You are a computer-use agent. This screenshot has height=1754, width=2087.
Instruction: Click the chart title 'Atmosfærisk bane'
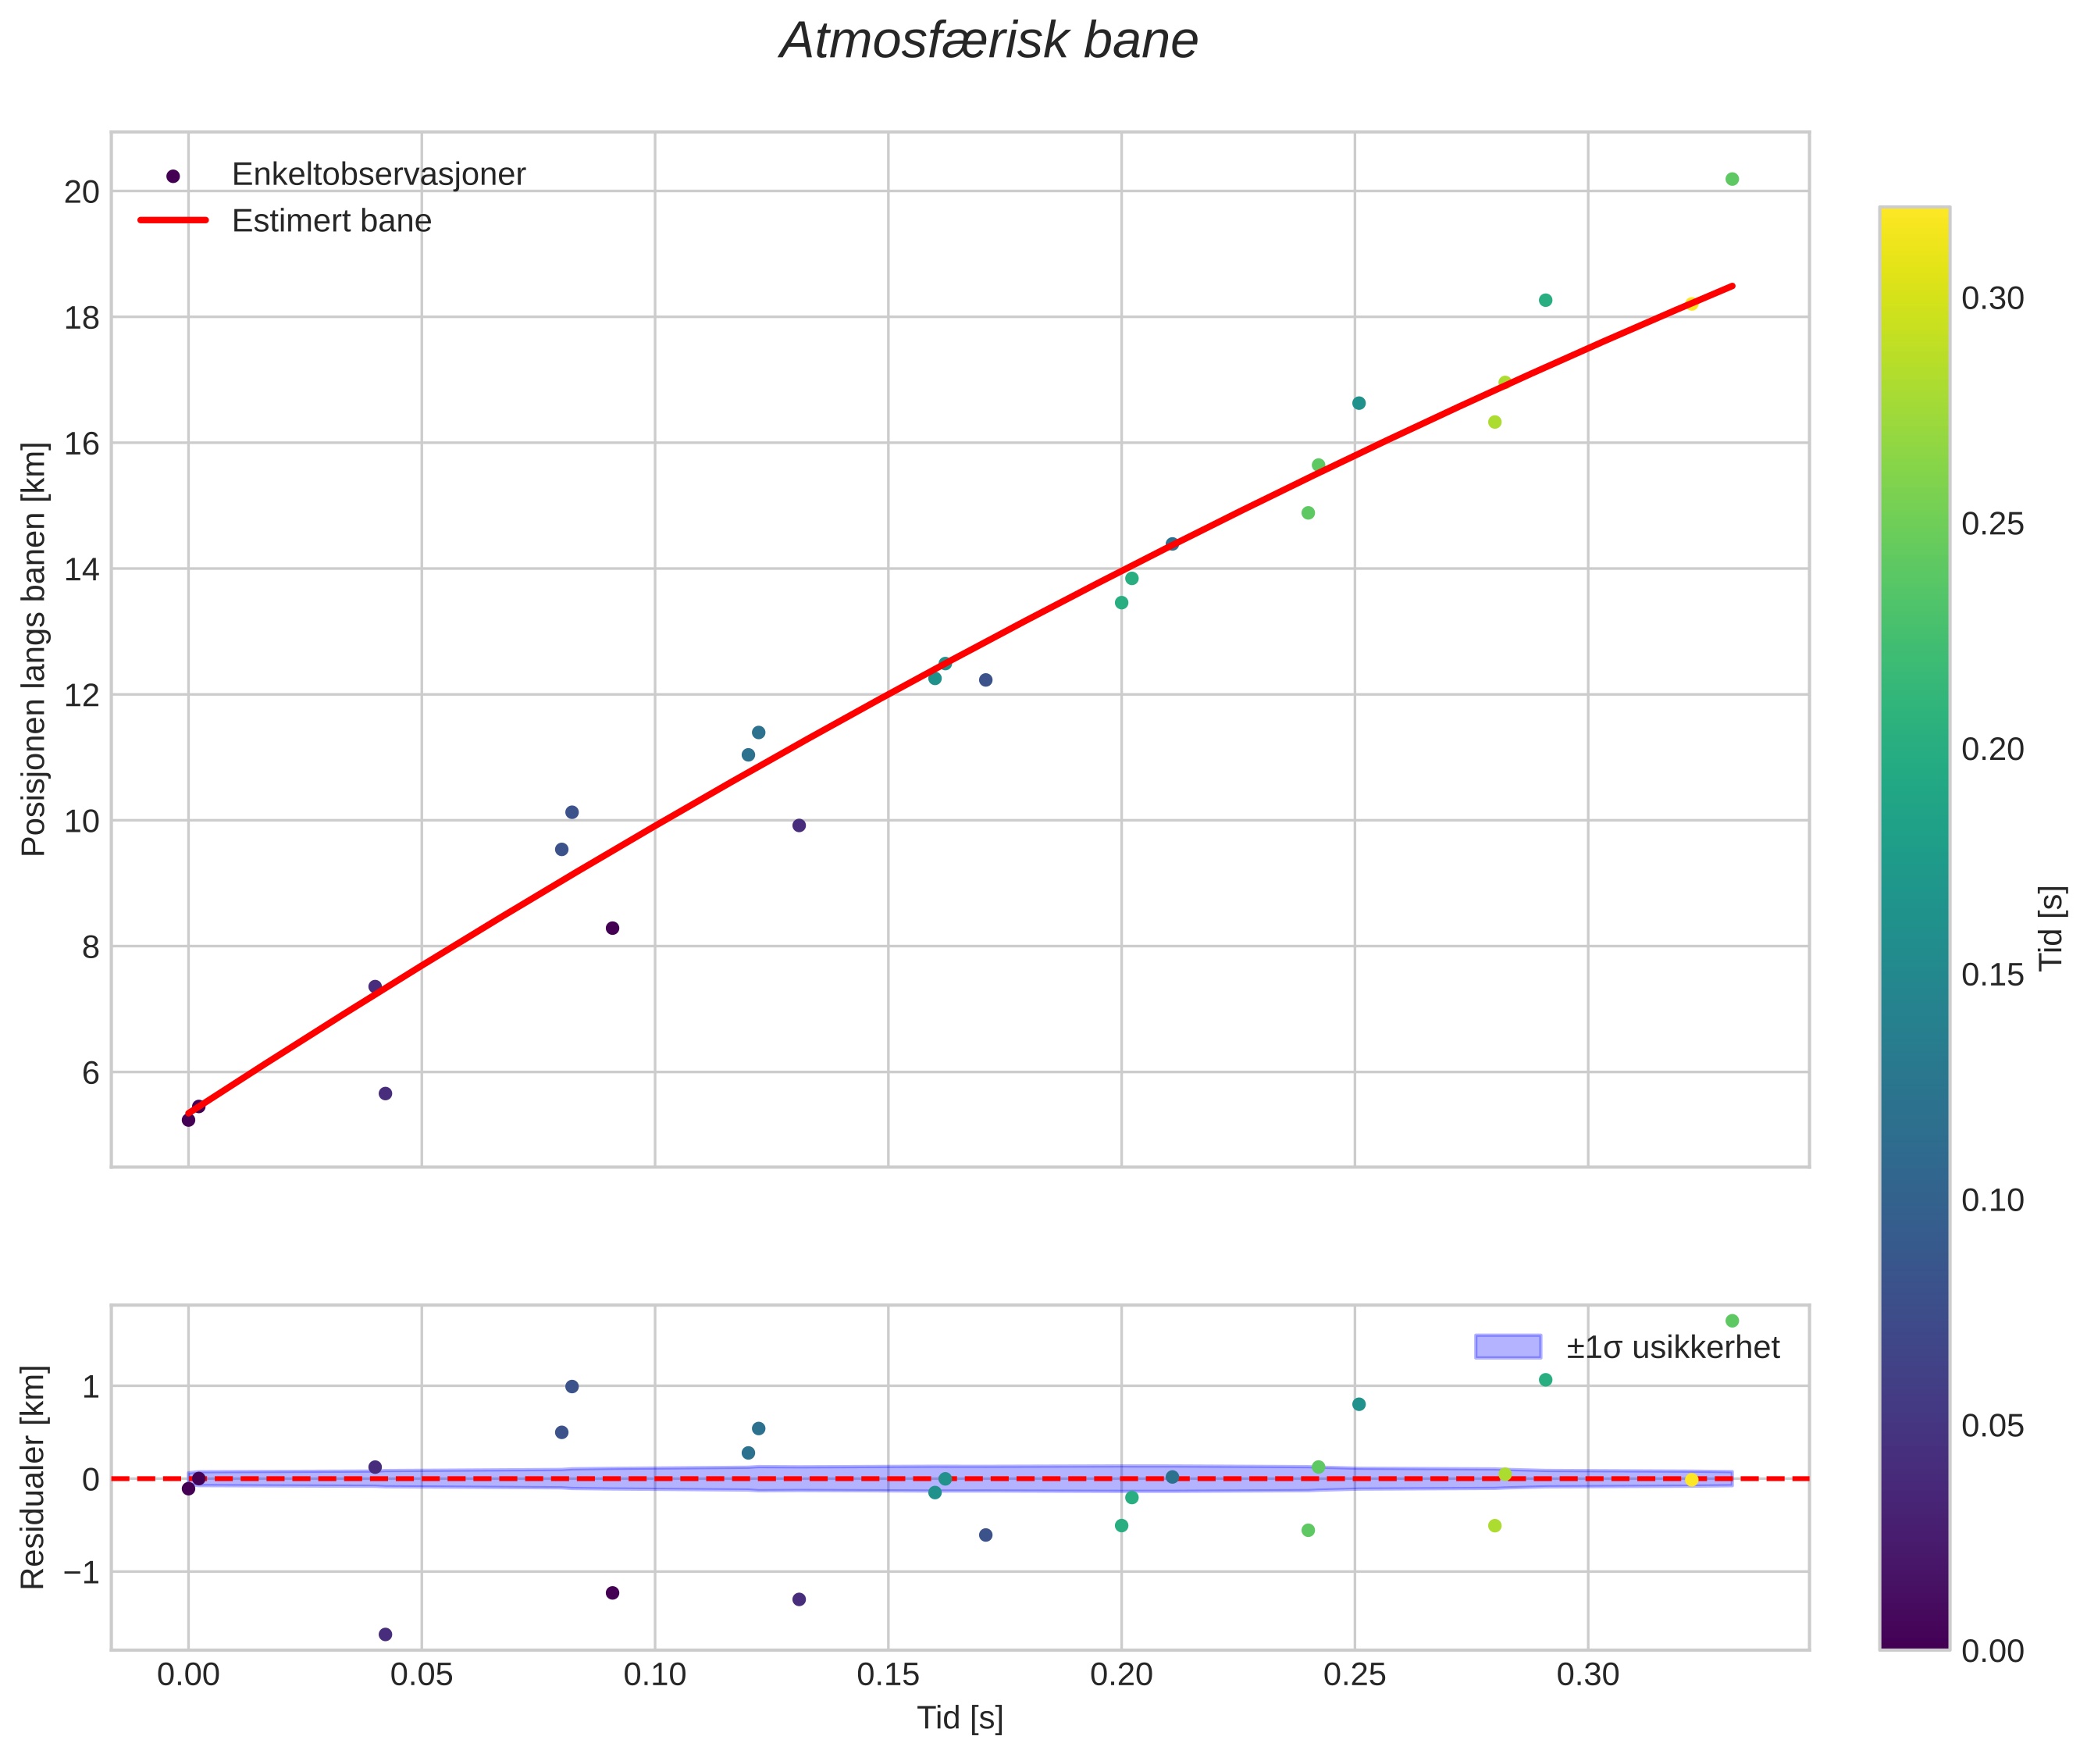click(x=988, y=41)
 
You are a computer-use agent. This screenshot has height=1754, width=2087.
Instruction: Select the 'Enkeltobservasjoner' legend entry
click(x=378, y=175)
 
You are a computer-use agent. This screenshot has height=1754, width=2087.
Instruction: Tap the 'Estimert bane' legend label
click(x=331, y=221)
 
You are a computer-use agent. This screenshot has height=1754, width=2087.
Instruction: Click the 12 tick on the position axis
click(x=83, y=695)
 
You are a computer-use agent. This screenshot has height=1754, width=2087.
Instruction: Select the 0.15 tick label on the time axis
click(x=887, y=1675)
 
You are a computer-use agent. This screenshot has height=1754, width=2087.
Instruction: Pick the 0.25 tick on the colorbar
click(x=1992, y=524)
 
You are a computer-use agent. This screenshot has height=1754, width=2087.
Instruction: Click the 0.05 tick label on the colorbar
click(x=1992, y=1426)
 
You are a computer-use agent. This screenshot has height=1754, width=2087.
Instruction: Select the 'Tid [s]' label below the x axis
click(x=960, y=1718)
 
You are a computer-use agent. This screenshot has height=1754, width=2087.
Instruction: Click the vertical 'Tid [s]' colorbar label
click(x=2051, y=928)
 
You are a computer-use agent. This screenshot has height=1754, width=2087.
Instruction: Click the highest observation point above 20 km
click(x=1732, y=179)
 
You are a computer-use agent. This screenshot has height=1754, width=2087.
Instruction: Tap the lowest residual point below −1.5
click(x=386, y=1635)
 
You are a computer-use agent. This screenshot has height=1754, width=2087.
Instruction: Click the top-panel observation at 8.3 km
click(x=612, y=929)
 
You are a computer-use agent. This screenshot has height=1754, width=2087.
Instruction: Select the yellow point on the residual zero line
click(x=1691, y=1481)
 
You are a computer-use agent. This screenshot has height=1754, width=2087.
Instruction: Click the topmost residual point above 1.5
click(x=1732, y=1321)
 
